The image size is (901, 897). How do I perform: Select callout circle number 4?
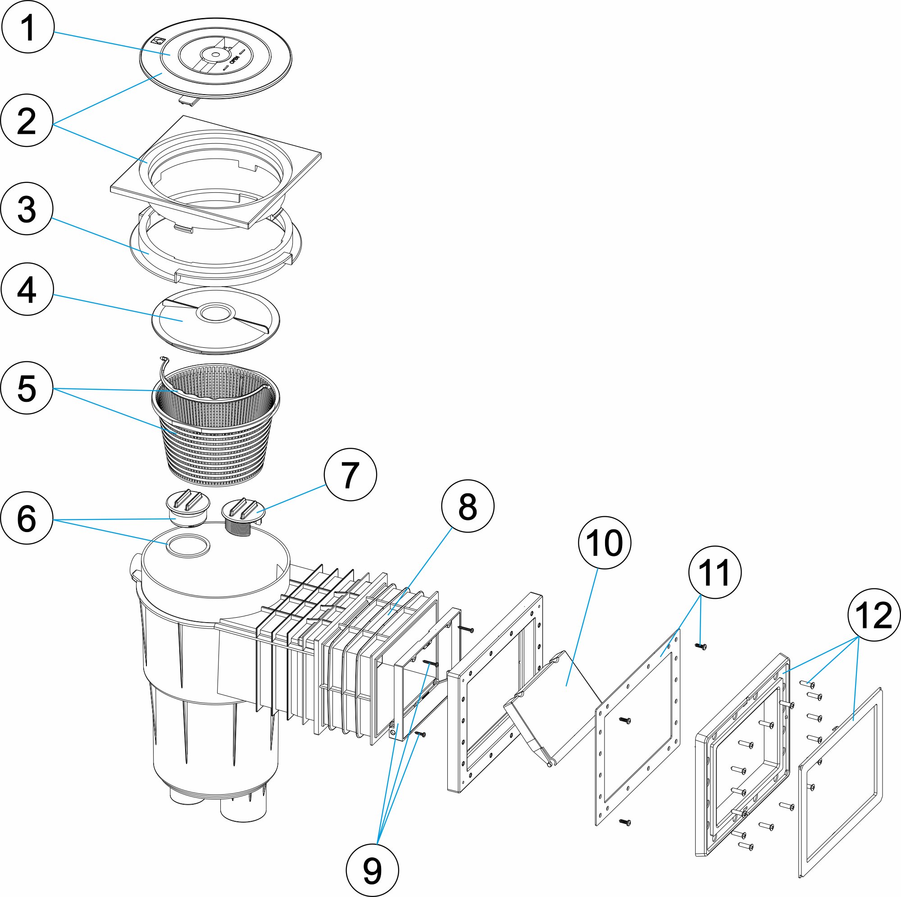pos(27,289)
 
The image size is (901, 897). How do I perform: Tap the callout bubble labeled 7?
pos(350,474)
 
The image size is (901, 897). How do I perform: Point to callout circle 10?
pos(605,542)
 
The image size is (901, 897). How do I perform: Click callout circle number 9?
pos(372,870)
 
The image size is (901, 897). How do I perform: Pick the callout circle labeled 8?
pos(468,506)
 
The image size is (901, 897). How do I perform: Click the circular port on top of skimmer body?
pos(188,545)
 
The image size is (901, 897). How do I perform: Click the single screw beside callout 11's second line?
pos(701,646)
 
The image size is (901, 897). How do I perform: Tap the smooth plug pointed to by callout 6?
pos(188,504)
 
